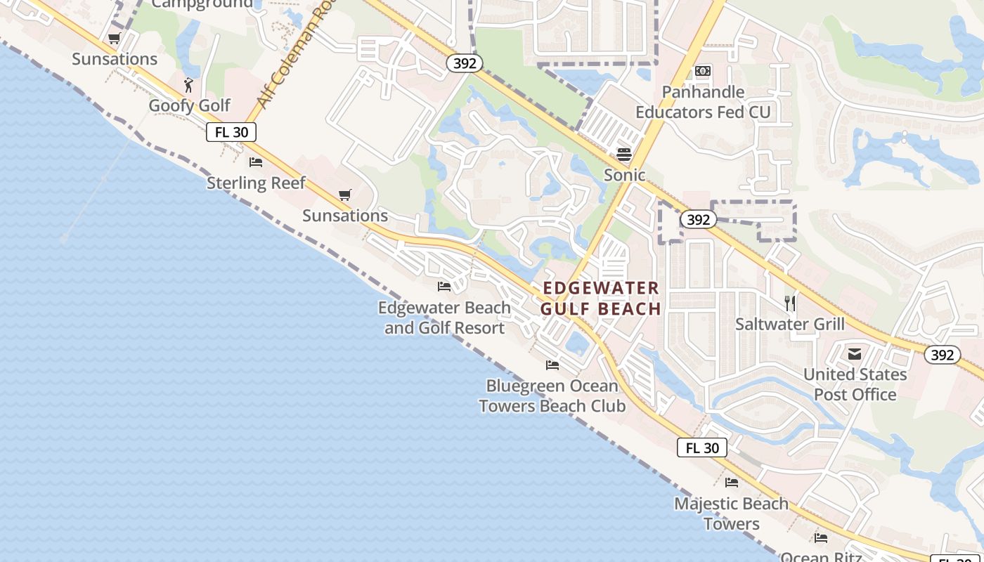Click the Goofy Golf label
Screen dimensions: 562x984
(189, 105)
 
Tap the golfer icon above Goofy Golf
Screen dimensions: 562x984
(188, 86)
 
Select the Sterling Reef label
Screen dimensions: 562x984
(256, 183)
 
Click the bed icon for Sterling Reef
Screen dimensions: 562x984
(256, 162)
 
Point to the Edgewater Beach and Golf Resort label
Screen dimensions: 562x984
(444, 318)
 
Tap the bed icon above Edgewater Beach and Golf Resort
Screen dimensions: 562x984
(444, 287)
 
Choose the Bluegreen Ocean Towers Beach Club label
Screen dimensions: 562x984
(552, 396)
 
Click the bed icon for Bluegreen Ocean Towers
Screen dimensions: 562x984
(552, 365)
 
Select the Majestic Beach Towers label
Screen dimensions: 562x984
(731, 514)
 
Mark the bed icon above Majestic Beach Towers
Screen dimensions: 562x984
(732, 483)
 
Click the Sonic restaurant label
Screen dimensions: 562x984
(624, 175)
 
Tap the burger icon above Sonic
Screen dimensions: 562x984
(624, 155)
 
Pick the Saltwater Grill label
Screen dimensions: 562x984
(790, 324)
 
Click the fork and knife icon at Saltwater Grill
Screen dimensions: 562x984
(790, 303)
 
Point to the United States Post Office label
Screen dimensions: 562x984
(855, 384)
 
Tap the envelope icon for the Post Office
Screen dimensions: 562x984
(855, 354)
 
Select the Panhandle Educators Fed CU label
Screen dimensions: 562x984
(703, 102)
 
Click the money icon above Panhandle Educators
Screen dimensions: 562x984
(703, 71)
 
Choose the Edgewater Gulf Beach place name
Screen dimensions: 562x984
(602, 298)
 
